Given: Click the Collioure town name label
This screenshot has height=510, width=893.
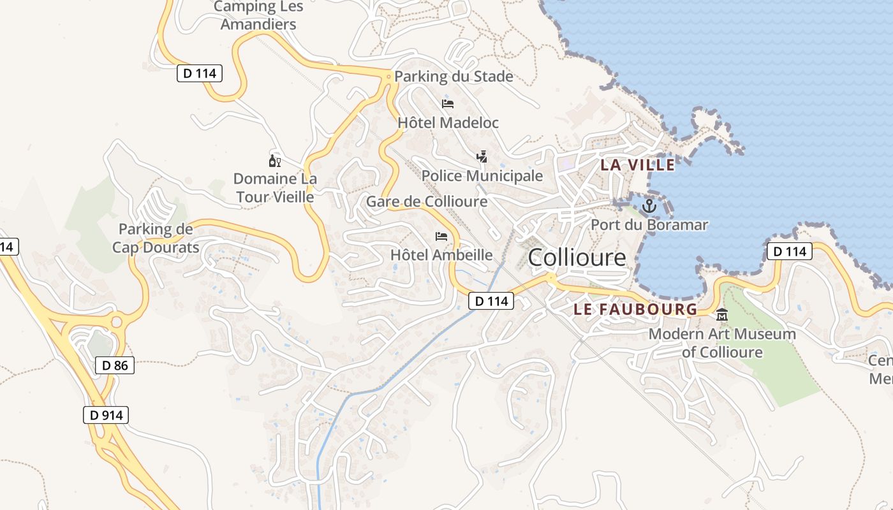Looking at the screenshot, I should click(x=577, y=258).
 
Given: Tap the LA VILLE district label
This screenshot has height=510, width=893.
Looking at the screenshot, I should click(x=637, y=164).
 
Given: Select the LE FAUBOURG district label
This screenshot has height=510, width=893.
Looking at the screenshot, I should click(x=635, y=309).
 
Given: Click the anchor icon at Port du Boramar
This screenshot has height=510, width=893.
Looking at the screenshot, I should click(x=649, y=205).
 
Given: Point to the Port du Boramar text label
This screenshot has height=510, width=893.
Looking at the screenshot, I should click(x=649, y=224).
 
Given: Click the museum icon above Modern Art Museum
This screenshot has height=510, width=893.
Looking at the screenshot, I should click(x=722, y=314).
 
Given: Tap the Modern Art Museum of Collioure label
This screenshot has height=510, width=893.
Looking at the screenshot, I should click(x=722, y=343).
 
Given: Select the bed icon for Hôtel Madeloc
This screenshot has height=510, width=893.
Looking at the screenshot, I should click(x=448, y=104).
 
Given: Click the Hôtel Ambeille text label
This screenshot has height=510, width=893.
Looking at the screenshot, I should click(x=441, y=255).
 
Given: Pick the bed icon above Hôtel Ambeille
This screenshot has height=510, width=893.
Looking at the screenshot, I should click(x=441, y=237).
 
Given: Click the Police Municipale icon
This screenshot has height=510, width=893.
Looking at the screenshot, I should click(x=482, y=156).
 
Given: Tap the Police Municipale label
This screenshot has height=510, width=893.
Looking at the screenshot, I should click(x=482, y=175).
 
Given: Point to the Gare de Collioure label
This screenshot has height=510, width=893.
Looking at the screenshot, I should click(x=426, y=201).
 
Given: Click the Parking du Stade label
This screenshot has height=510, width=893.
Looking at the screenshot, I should click(x=454, y=76).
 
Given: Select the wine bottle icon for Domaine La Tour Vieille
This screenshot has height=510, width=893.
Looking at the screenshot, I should click(x=275, y=161).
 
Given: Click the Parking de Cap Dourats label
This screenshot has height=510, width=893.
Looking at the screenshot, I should click(x=156, y=238).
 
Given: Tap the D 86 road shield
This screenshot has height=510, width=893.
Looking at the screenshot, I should click(x=115, y=365).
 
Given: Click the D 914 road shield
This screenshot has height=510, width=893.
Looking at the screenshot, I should click(x=106, y=415).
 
